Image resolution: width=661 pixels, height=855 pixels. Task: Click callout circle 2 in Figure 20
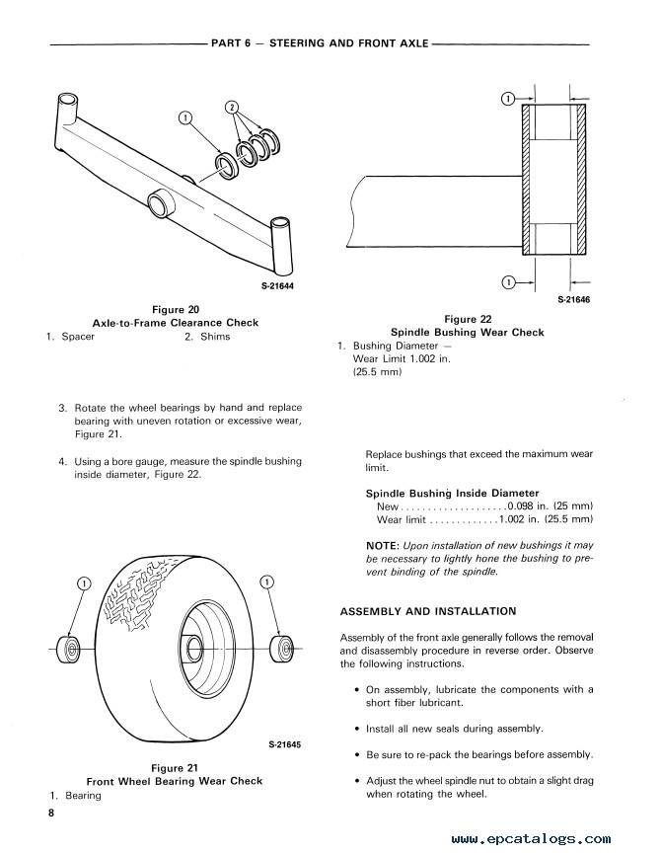(x=232, y=106)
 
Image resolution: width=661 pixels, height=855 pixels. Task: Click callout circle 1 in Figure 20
(x=184, y=119)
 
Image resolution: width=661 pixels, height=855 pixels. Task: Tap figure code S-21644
(x=277, y=286)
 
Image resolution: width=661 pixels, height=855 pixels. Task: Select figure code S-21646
(x=573, y=299)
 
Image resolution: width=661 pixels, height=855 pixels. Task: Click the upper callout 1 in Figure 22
(x=508, y=99)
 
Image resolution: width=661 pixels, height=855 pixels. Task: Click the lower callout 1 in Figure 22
(x=508, y=282)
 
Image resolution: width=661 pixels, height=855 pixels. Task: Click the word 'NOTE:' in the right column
(x=382, y=544)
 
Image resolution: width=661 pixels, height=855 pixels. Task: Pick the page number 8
(x=49, y=813)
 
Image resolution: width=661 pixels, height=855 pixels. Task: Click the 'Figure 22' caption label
(x=467, y=319)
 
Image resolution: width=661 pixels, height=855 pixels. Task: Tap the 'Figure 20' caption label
(x=176, y=309)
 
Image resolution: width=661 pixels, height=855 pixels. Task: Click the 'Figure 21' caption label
(x=176, y=767)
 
